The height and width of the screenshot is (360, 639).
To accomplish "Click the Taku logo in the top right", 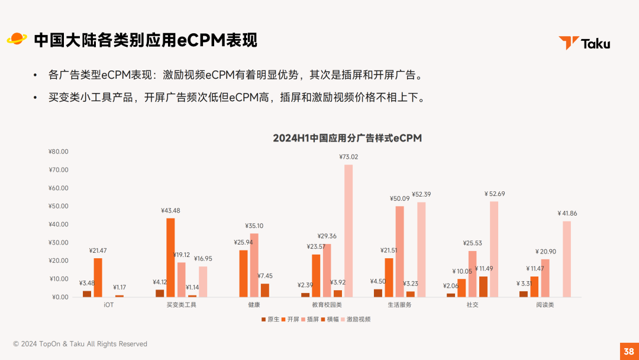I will tap(584, 43).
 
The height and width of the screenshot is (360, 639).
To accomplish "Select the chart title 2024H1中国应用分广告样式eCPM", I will tap(347, 138).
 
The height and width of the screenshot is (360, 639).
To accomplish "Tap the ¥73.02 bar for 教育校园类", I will tap(348, 230).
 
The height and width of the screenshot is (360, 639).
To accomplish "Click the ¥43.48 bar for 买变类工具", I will tap(170, 258).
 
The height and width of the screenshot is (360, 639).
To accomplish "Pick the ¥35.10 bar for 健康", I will tap(254, 265).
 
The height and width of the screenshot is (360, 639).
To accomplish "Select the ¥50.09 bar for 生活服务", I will tap(399, 251).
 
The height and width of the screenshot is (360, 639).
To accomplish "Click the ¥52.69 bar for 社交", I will tap(493, 249).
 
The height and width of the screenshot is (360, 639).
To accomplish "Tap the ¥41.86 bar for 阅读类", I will tap(567, 259).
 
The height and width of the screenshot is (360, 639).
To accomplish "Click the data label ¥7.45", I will tap(264, 276).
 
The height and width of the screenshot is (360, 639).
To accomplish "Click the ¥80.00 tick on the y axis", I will tap(59, 152).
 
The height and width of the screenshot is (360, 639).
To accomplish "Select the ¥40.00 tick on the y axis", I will tap(59, 224).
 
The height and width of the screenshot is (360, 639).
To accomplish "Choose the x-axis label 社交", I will tap(472, 305).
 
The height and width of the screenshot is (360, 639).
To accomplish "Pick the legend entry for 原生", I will tap(270, 319).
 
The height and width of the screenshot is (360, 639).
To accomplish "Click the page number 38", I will tap(629, 351).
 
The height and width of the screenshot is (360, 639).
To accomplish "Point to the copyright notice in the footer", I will tap(80, 344).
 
